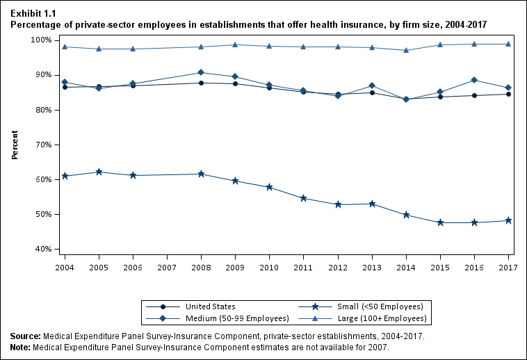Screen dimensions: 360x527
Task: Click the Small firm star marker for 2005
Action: tap(99, 172)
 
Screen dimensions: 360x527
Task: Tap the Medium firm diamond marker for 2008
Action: tap(201, 72)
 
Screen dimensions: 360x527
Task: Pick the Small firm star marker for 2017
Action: tap(508, 220)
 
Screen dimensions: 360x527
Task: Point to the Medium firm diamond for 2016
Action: tap(474, 80)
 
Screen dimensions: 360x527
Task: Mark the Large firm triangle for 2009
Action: tap(235, 44)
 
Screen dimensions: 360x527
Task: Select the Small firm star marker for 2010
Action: tap(269, 187)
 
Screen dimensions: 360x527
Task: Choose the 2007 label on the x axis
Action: tap(167, 268)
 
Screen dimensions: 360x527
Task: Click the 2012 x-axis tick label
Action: tap(338, 268)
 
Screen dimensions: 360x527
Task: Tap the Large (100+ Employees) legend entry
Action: tap(382, 318)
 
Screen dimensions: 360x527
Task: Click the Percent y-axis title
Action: tap(15, 144)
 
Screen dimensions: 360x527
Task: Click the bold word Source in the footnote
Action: tap(25, 336)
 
